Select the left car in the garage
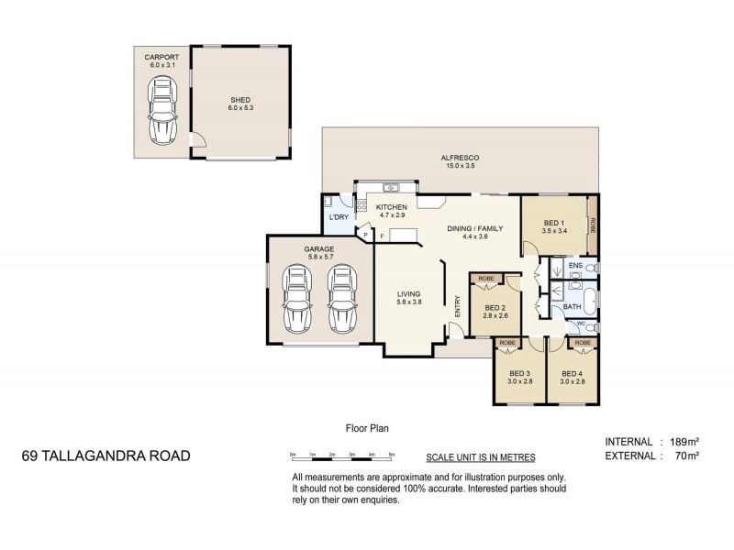click(297, 299)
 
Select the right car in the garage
click(340, 299)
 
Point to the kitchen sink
click(389, 188)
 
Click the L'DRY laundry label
click(339, 217)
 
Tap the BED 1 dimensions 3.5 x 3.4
click(553, 232)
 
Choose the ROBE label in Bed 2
click(486, 278)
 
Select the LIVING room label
click(408, 293)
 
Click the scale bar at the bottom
click(341, 456)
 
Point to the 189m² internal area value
click(681, 441)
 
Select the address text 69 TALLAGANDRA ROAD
click(106, 456)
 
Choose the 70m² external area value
click(684, 456)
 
